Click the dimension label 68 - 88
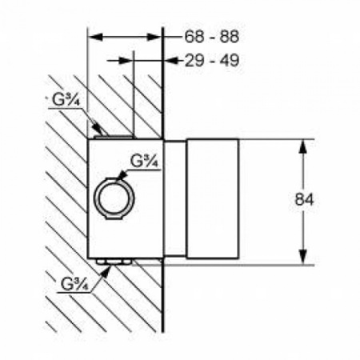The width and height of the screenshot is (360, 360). [x=212, y=37]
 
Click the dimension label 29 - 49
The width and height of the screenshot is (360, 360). [x=212, y=61]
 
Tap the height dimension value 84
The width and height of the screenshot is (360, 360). [x=304, y=199]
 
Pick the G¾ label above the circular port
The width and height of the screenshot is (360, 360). [x=145, y=161]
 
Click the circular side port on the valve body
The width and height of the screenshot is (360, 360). [x=114, y=198]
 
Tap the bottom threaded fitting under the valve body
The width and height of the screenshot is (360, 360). [x=114, y=262]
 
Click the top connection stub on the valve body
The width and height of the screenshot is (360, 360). [x=114, y=137]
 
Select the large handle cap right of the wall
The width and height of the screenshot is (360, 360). [x=213, y=199]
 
